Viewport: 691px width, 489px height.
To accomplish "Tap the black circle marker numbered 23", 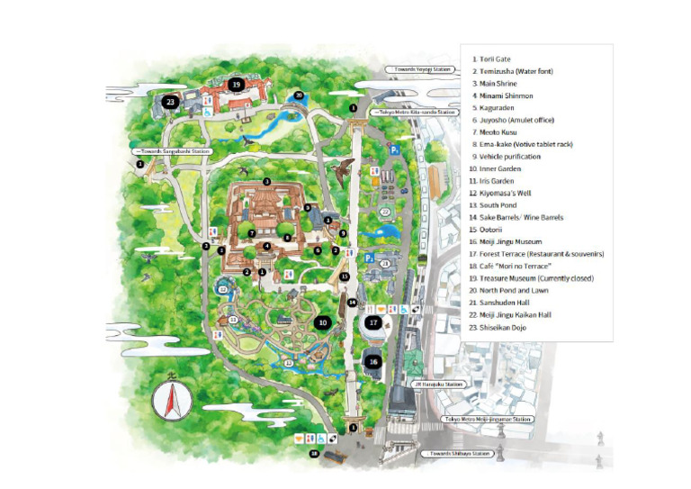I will (x=169, y=102).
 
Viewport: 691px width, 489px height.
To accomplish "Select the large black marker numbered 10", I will (x=322, y=321).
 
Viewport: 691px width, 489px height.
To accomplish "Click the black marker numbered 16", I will (x=374, y=361).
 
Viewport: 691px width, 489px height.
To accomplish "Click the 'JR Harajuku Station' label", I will (x=440, y=385).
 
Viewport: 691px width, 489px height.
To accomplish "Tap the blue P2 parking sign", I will (x=370, y=257).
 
